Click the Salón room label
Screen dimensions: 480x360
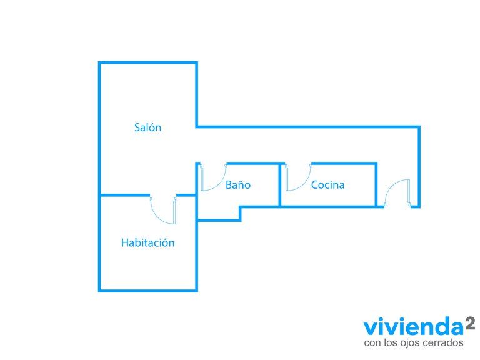148,127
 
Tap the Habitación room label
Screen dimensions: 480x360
148,242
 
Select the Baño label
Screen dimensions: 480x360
238,184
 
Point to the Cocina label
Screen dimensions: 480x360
328,184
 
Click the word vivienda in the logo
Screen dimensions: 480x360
414,327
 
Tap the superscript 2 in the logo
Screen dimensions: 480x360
471,323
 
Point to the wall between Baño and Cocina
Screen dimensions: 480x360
280,185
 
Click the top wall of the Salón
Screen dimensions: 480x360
148,62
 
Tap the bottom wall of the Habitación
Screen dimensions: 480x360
148,290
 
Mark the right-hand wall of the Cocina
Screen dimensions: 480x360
376,185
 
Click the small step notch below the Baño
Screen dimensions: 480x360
240,214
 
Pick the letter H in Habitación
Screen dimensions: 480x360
124,242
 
